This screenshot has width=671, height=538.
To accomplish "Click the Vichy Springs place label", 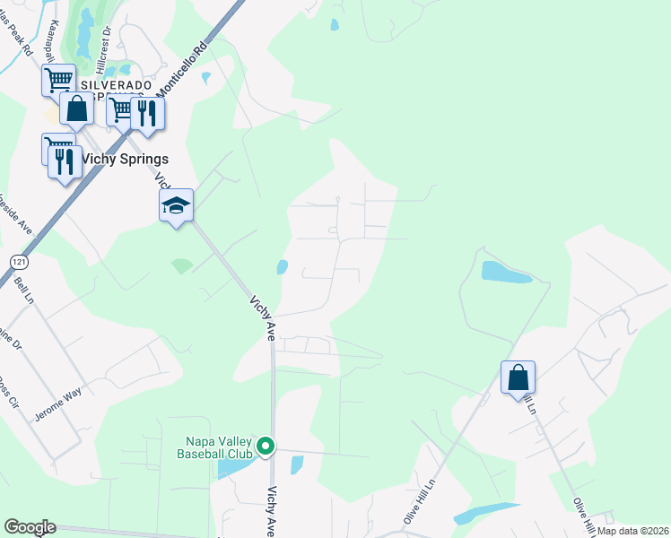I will [x=125, y=159].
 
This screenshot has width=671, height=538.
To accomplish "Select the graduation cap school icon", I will [x=176, y=207].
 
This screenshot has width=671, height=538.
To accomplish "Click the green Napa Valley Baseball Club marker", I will [x=265, y=446].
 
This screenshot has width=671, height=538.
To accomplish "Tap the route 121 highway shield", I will [x=17, y=261].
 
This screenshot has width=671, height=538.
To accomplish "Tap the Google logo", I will [x=30, y=527].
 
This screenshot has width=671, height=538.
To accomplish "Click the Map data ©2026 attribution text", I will [x=633, y=531].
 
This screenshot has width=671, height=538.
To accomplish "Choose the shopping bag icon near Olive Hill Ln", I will [x=518, y=377].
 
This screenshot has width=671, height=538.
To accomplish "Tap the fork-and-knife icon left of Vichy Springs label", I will [x=64, y=161].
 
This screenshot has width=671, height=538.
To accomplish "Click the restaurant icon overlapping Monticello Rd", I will [x=147, y=113].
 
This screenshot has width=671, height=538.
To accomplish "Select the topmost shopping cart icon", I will [x=58, y=79].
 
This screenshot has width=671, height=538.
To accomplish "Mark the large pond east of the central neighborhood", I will [x=506, y=272].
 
